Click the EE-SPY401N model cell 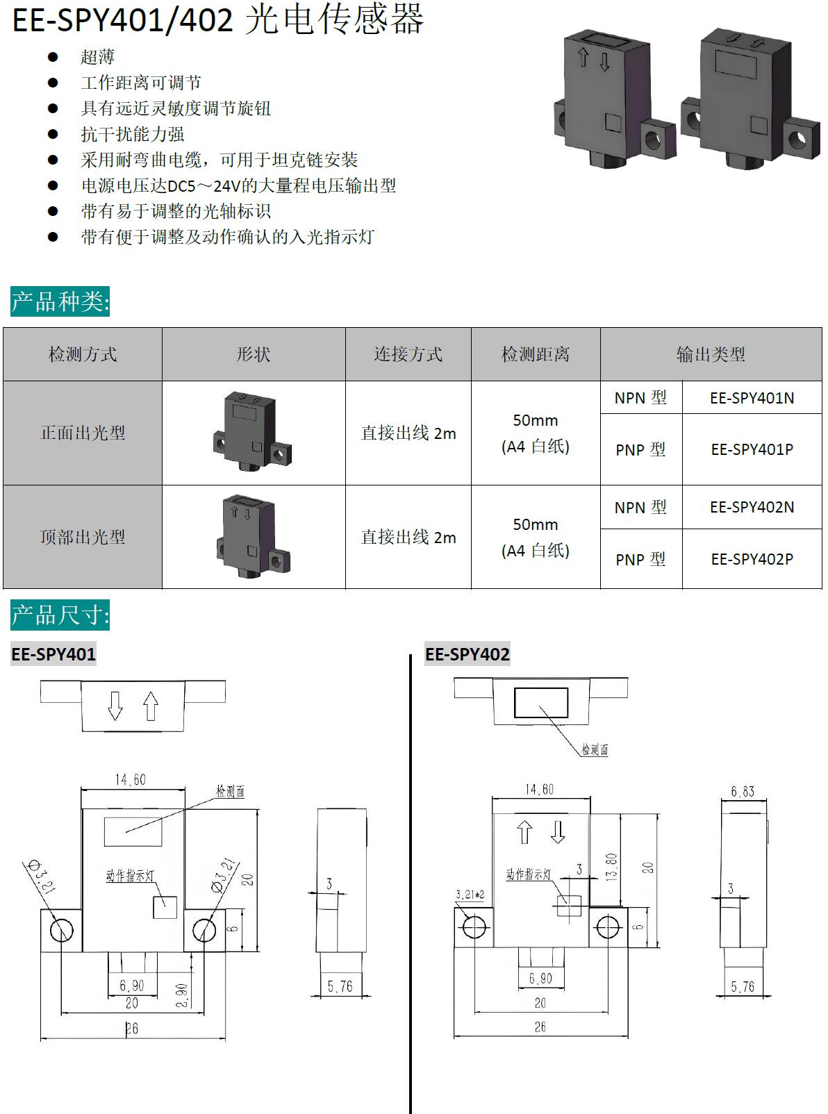(752, 398)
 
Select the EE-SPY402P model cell (752, 559)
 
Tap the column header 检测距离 (536, 354)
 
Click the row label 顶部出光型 (83, 537)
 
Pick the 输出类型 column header (711, 354)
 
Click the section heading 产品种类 (60, 301)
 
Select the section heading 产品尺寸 (60, 615)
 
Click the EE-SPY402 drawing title (467, 654)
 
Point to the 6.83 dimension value (742, 792)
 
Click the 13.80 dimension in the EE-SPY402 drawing (611, 867)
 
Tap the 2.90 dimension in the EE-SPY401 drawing (181, 995)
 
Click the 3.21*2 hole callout (470, 895)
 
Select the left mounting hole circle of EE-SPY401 (61, 930)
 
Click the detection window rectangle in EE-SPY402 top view (540, 702)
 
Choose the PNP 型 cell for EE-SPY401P (640, 450)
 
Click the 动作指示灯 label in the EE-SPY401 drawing (130, 876)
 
